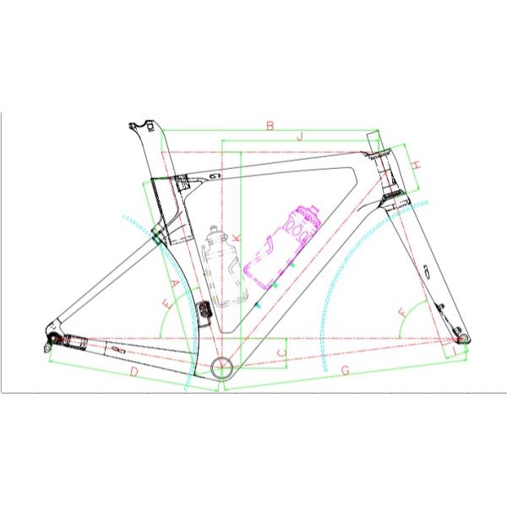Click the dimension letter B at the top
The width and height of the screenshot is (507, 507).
tap(270, 126)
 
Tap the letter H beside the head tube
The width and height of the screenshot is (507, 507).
tap(417, 165)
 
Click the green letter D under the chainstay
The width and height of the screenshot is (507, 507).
tap(134, 371)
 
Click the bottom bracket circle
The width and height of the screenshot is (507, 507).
tap(223, 367)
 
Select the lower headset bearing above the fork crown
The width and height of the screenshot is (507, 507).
tap(394, 197)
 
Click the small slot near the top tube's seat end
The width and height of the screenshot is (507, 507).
tap(212, 177)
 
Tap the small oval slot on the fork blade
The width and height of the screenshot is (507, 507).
tap(428, 271)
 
